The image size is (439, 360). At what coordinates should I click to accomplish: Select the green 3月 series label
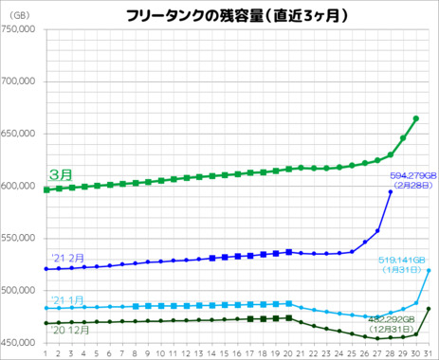(60, 175)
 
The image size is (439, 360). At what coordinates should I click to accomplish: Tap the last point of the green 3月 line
(416, 118)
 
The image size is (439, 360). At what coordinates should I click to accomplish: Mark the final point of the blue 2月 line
(391, 192)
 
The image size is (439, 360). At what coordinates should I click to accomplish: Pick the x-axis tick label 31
(429, 353)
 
